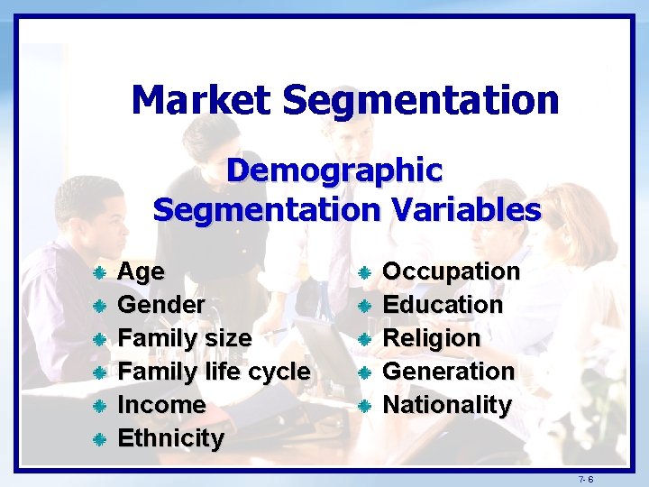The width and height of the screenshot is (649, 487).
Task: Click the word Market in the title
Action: pyautogui.click(x=201, y=99)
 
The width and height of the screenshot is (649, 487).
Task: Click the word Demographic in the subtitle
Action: pyautogui.click(x=334, y=170)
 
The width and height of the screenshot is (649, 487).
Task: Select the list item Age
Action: pyautogui.click(x=142, y=271)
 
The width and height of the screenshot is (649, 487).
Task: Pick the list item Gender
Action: pyautogui.click(x=161, y=305)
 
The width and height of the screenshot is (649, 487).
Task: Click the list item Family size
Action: pyautogui.click(x=185, y=338)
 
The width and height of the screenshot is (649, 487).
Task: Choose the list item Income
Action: pyautogui.click(x=162, y=405)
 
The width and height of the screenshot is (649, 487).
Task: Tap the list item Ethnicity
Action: pyautogui.click(x=171, y=438)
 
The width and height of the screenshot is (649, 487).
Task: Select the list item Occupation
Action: pyautogui.click(x=452, y=271)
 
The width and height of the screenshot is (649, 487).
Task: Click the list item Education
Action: pyautogui.click(x=443, y=305)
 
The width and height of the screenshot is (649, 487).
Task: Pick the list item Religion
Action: pyautogui.click(x=432, y=338)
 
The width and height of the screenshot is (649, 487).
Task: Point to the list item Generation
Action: pyautogui.click(x=449, y=372)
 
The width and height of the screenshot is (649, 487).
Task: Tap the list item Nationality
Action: pyautogui.click(x=447, y=405)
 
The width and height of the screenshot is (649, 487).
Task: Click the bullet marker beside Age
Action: pyautogui.click(x=101, y=272)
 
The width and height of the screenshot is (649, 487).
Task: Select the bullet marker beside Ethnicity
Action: pyautogui.click(x=101, y=439)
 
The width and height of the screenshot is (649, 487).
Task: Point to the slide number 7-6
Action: pyautogui.click(x=586, y=477)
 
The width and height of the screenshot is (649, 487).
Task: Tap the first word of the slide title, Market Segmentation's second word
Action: pyautogui.click(x=420, y=99)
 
